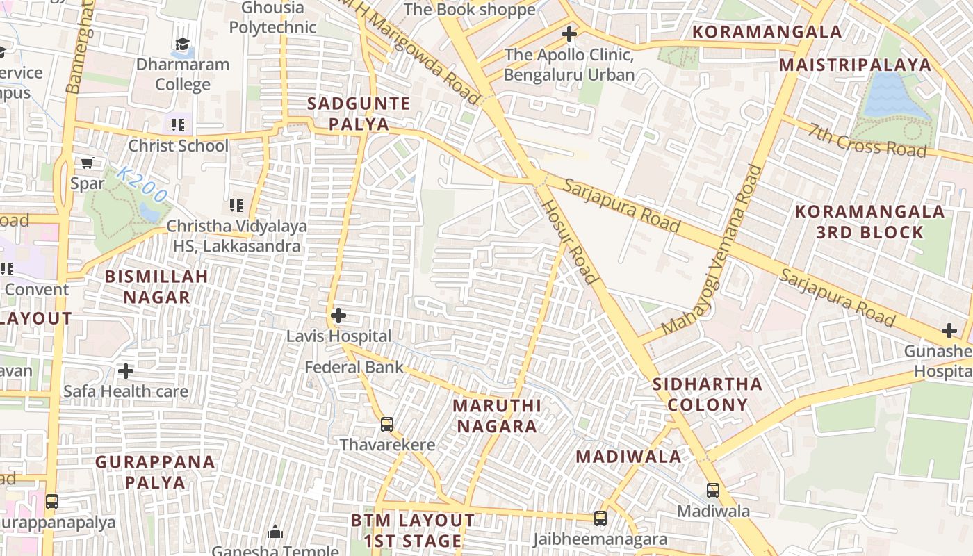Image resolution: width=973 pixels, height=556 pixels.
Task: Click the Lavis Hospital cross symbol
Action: (x=338, y=316)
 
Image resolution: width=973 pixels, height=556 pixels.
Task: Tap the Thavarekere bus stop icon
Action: (x=387, y=424)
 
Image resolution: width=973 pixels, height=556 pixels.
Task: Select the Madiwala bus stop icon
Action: (x=713, y=490)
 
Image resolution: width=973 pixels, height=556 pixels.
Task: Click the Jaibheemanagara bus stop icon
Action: (x=600, y=518)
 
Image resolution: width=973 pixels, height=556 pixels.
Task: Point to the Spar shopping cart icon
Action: (x=88, y=163)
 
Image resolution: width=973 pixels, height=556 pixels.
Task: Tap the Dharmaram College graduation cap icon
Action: (x=182, y=44)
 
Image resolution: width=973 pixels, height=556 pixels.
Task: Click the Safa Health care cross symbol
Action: (x=126, y=370)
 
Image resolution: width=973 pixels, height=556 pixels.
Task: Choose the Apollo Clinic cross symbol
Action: (x=569, y=33)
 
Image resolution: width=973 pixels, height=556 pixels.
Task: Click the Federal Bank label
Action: (x=354, y=367)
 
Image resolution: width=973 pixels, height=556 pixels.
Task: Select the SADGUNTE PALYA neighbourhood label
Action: (x=359, y=114)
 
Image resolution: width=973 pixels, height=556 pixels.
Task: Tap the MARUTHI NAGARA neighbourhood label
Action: (x=496, y=416)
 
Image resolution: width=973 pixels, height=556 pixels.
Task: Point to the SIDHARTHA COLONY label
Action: (x=708, y=394)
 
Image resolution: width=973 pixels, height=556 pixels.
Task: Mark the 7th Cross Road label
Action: (x=867, y=139)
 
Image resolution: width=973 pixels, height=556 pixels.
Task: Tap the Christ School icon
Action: (x=178, y=125)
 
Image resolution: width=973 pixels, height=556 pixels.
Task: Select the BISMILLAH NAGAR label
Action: (x=156, y=286)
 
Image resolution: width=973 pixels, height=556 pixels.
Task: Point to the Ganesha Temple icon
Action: (x=275, y=532)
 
